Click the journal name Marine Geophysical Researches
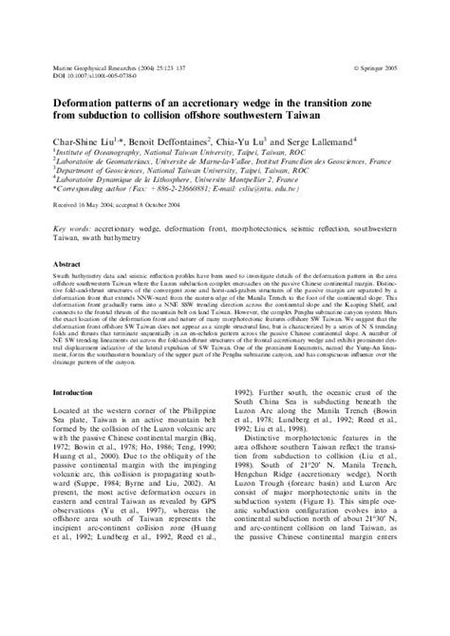click(94, 70)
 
